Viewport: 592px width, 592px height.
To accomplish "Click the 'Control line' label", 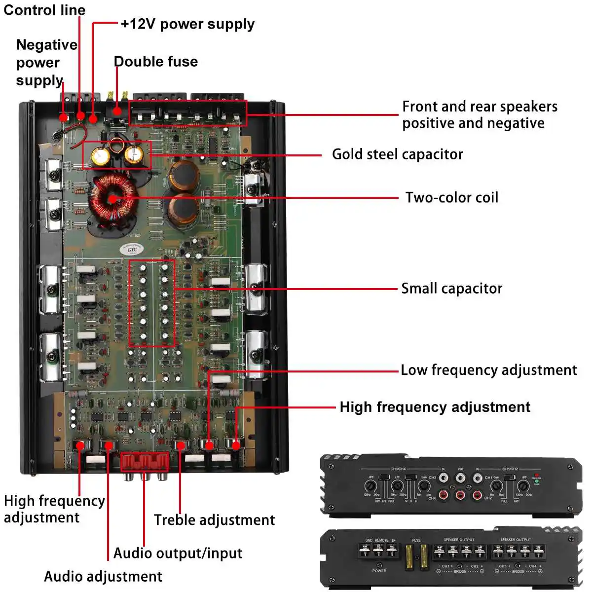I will tap(44, 10).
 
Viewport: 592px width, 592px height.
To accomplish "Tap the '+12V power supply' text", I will tap(187, 24).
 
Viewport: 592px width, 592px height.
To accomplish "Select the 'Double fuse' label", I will tap(156, 62).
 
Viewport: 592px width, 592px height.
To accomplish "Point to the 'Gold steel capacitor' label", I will tap(397, 154).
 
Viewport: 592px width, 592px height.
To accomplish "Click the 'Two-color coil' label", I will tap(451, 198).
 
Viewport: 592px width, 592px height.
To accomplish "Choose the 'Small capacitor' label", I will tap(451, 289).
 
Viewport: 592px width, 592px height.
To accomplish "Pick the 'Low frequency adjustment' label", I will tap(488, 370).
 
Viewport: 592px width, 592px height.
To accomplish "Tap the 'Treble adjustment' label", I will tap(214, 520).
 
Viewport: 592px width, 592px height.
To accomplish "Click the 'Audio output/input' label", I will tap(178, 553).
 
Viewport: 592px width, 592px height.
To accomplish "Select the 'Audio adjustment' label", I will tap(103, 576).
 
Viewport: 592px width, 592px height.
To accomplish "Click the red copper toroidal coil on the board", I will tap(113, 198).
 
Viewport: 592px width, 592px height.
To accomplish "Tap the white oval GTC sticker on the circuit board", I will tap(132, 249).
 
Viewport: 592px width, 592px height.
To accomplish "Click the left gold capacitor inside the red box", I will tap(100, 156).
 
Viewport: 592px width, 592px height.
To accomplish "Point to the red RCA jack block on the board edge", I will tap(145, 463).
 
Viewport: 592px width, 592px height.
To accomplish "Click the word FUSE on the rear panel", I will tap(416, 540).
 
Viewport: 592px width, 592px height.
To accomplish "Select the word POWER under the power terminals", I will tap(379, 571).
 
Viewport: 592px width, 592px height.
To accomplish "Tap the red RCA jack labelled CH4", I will tap(444, 495).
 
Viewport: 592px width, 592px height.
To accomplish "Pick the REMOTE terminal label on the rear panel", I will tap(381, 540).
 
